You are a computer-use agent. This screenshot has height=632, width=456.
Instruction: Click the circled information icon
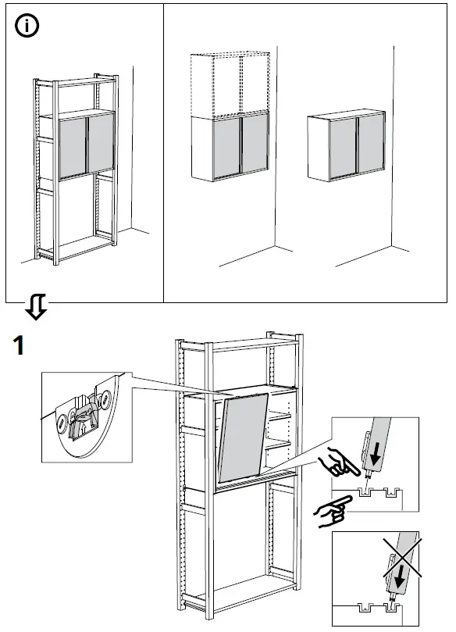click(x=29, y=26)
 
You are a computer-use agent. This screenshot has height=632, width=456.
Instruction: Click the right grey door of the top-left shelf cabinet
click(x=100, y=142)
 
